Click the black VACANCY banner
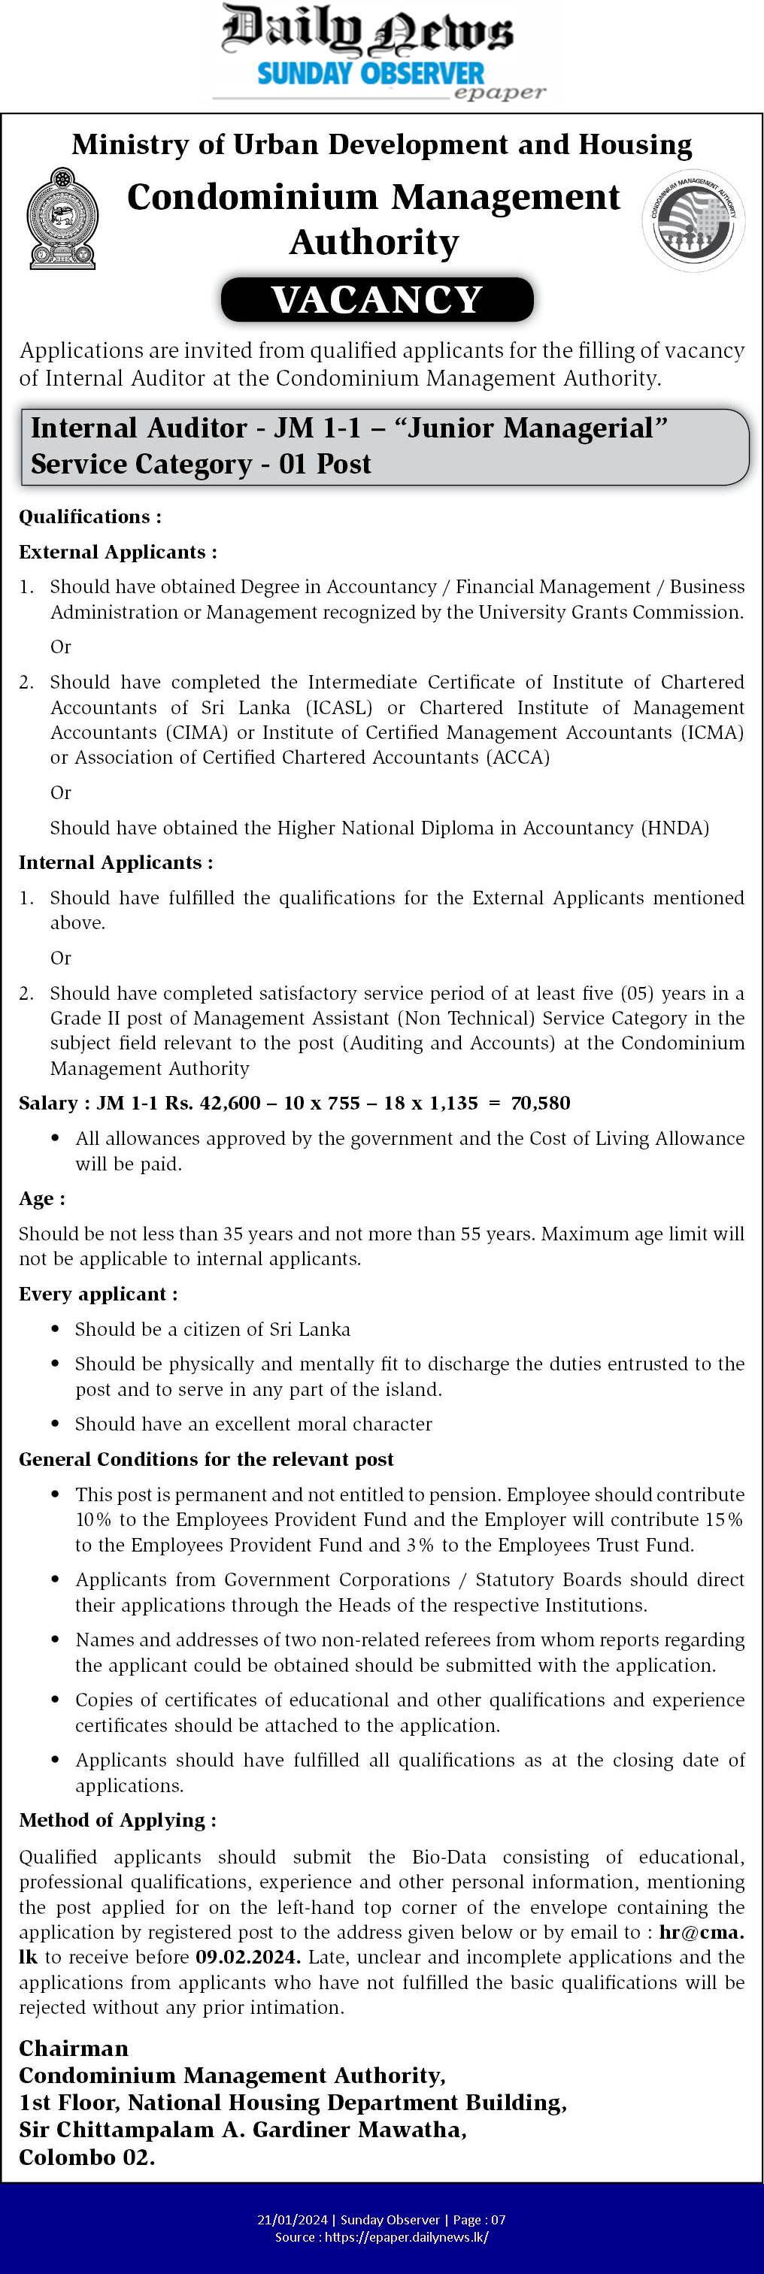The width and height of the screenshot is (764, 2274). pos(377,300)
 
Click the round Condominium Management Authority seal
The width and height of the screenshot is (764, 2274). pos(693,220)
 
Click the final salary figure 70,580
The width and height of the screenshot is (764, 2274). pos(541,1103)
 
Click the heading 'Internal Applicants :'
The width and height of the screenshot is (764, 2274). pos(116,862)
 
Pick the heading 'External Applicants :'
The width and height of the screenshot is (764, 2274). pos(117,552)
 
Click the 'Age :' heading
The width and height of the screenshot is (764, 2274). pos(41,1199)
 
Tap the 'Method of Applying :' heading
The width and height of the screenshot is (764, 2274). pos(117,1820)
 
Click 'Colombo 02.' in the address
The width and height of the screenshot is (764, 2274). pos(86,2157)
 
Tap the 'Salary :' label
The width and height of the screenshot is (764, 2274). pos(54,1103)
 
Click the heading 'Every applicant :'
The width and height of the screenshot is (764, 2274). pos(98,1294)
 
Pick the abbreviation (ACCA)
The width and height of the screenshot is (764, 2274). pos(517,758)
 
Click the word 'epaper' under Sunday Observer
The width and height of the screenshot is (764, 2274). pos(499,92)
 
